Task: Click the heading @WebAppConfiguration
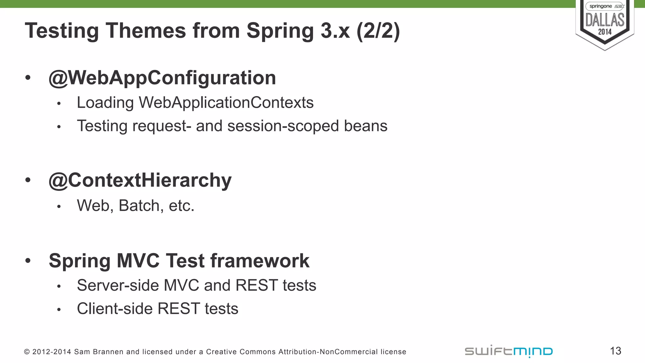click(x=162, y=78)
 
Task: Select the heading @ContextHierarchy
click(x=140, y=180)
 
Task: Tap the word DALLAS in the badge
click(x=605, y=20)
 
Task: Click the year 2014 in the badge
click(x=605, y=32)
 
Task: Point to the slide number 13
click(x=615, y=351)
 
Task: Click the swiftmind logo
click(x=509, y=351)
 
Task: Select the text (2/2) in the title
click(x=378, y=31)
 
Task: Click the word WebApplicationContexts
click(x=226, y=103)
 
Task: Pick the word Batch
click(x=141, y=206)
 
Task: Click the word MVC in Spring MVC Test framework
click(x=138, y=261)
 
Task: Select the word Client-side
click(x=115, y=308)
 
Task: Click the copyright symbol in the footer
click(x=27, y=352)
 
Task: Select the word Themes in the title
click(x=146, y=31)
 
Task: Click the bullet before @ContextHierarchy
click(x=28, y=180)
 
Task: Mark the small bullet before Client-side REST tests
click(x=59, y=310)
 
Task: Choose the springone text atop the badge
click(x=600, y=6)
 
